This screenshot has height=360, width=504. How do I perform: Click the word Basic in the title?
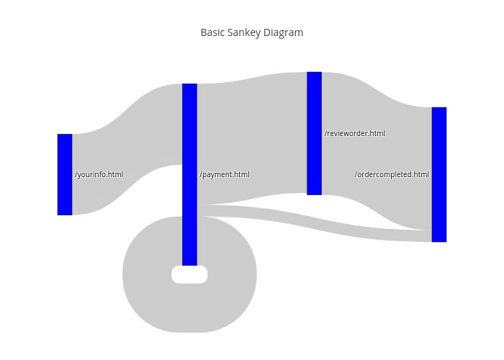(212, 32)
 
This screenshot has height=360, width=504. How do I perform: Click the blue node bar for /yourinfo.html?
(65, 174)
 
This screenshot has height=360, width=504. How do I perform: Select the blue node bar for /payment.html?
(189, 174)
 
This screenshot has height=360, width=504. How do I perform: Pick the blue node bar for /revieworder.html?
(314, 133)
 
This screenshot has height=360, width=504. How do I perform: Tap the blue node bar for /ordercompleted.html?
(439, 174)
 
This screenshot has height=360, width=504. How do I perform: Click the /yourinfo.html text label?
(99, 174)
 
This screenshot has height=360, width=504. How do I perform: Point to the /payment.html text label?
(225, 174)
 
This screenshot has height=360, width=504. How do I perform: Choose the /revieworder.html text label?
(355, 133)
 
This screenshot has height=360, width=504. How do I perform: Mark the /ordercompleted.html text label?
(392, 174)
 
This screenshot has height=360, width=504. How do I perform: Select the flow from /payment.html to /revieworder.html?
(252, 137)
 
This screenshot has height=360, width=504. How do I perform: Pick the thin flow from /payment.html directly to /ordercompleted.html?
(324, 222)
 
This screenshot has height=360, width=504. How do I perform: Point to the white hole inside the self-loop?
(189, 275)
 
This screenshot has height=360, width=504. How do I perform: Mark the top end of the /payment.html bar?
(189, 86)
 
